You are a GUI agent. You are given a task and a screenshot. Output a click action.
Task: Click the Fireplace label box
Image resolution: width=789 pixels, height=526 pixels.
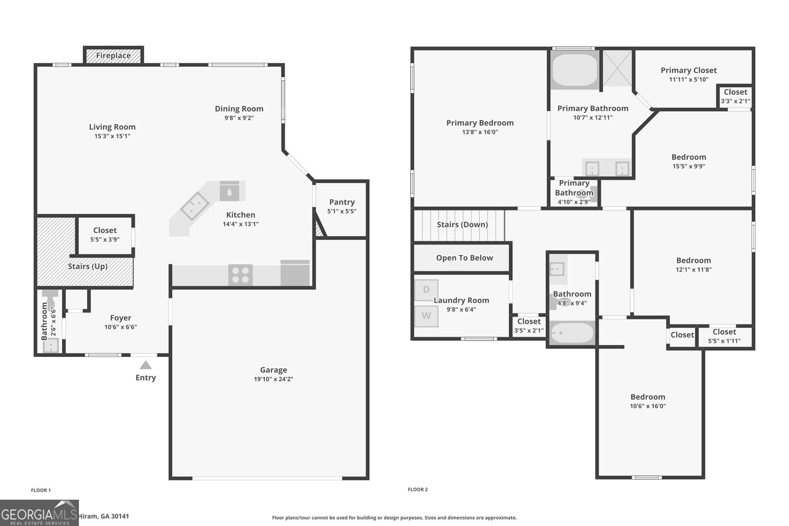(x=113, y=56)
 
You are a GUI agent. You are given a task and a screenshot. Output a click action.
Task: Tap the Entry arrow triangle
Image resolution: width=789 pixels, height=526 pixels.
(x=145, y=365)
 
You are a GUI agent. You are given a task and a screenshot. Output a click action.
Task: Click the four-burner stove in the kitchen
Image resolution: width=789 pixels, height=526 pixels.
(x=240, y=275)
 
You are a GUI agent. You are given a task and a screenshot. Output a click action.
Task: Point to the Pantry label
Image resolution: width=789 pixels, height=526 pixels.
(x=342, y=202)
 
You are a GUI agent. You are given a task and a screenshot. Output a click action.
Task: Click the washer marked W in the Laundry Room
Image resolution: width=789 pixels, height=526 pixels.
(x=426, y=316)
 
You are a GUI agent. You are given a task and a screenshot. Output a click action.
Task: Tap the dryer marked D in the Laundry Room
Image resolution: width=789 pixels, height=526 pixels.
(x=426, y=290)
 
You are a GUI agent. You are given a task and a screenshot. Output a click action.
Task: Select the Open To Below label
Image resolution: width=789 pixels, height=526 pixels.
(x=464, y=258)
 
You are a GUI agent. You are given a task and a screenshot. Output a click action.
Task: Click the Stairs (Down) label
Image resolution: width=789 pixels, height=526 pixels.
(x=462, y=225)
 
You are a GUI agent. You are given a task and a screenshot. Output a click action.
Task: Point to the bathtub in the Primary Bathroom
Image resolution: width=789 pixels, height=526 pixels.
(x=574, y=70)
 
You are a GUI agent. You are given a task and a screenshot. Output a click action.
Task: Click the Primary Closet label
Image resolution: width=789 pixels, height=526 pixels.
(x=688, y=70)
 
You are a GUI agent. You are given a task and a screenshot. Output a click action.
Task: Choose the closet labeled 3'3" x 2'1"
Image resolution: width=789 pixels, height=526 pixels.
(x=735, y=96)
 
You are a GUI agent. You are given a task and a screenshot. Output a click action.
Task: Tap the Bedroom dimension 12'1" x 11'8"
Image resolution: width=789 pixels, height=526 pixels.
(x=693, y=270)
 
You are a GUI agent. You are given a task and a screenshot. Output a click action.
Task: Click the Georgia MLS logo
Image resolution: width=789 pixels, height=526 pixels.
(x=39, y=513)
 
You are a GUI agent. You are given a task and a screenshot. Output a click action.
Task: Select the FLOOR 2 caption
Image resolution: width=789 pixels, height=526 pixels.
(x=418, y=490)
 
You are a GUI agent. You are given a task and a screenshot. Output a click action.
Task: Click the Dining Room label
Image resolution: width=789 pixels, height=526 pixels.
(x=239, y=109)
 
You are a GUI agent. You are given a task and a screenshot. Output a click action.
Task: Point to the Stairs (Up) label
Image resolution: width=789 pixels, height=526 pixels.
(x=87, y=267)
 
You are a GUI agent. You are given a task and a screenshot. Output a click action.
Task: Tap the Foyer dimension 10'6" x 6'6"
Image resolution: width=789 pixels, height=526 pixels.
(x=120, y=327)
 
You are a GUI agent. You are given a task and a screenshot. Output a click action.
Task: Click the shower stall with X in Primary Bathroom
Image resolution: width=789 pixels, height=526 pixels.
(x=617, y=68)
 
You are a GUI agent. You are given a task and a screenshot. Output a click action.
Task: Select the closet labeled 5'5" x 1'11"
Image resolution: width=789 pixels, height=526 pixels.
(x=724, y=336)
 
